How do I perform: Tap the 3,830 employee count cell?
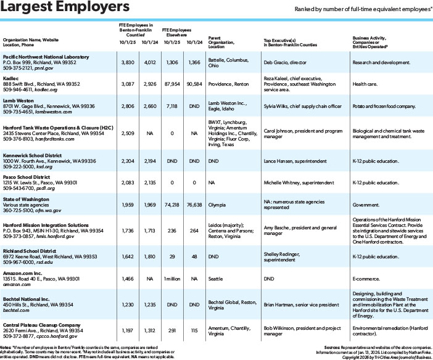point(126,62)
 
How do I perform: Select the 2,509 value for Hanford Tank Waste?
point(126,132)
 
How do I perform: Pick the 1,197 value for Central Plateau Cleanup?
point(127,330)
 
